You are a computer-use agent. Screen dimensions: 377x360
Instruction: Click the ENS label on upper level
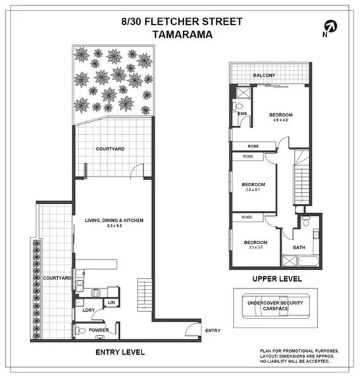tap(242, 113)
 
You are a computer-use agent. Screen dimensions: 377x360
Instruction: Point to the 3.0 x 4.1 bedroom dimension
tap(253, 190)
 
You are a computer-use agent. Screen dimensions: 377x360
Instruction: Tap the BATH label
tap(299, 247)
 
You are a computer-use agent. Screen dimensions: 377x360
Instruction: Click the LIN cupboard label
tap(112, 303)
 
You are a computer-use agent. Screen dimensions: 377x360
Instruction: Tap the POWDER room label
tap(98, 330)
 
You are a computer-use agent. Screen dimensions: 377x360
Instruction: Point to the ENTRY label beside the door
tap(213, 330)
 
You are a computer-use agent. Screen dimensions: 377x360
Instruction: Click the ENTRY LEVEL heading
tap(120, 352)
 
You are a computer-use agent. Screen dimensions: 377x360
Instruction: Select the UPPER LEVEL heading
tap(276, 279)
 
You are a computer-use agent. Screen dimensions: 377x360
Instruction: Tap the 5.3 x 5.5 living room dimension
tap(113, 226)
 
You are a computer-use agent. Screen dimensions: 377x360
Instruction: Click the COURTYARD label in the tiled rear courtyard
tap(111, 149)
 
